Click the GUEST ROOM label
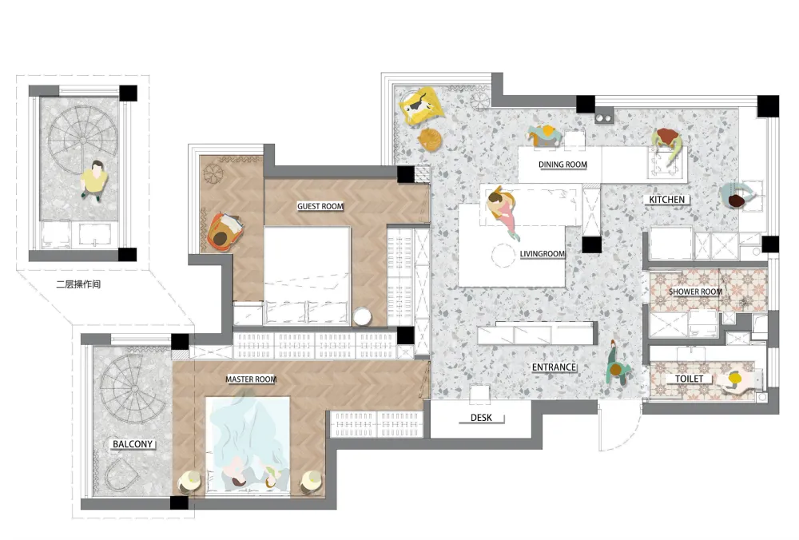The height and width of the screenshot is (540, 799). [320, 206]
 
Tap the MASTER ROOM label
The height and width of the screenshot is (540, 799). [251, 379]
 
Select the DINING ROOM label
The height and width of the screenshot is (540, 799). [562, 165]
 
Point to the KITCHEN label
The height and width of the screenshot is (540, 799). [666, 200]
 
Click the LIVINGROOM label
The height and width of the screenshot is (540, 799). [543, 254]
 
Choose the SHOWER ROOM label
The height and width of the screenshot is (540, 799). [695, 292]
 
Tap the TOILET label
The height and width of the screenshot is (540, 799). [689, 379]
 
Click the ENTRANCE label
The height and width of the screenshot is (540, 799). [554, 367]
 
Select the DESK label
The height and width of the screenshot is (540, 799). [481, 418]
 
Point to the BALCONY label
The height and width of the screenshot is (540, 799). [133, 444]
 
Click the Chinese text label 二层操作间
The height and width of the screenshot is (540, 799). [78, 284]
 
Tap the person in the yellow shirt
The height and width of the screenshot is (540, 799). [94, 180]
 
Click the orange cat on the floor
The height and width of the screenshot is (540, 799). [430, 139]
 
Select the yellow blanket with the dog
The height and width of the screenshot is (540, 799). [419, 106]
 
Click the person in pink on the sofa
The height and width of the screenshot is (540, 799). [503, 210]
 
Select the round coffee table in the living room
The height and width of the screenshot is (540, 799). [503, 256]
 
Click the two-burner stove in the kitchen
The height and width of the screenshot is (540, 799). [604, 117]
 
